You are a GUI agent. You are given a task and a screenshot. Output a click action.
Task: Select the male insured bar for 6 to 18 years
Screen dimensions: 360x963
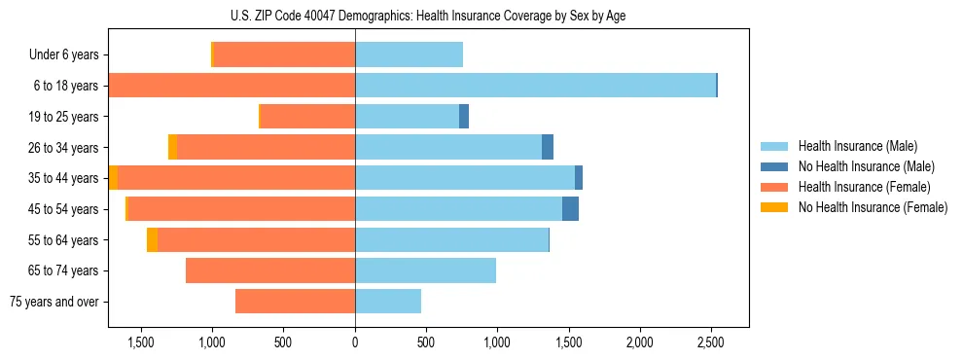535,86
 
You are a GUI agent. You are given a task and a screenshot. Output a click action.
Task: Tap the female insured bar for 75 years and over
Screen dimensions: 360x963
295,302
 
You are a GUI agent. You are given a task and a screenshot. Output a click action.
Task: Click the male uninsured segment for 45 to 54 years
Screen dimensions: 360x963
570,209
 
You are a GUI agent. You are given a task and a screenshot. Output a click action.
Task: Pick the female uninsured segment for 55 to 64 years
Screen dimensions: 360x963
152,240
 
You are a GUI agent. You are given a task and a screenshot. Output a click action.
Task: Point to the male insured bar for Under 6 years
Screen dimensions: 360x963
409,54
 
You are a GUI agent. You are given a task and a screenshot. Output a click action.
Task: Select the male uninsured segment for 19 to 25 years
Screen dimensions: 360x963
464,117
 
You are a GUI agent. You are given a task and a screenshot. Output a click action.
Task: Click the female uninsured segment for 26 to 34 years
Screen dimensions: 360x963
173,147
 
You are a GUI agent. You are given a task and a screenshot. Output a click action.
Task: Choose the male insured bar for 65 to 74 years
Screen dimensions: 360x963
425,270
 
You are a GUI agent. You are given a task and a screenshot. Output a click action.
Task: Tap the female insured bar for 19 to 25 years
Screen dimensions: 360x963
308,117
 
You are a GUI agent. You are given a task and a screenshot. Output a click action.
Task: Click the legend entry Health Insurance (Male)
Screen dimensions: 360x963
856,146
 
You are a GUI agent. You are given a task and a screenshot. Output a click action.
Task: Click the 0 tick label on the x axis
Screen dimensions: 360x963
355,342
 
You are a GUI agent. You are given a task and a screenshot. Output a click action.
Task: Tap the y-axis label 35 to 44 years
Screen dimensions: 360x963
65,178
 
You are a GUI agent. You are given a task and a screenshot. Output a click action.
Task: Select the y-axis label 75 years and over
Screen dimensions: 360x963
53,302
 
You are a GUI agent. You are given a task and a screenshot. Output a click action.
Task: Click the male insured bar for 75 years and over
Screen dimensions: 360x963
388,302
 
